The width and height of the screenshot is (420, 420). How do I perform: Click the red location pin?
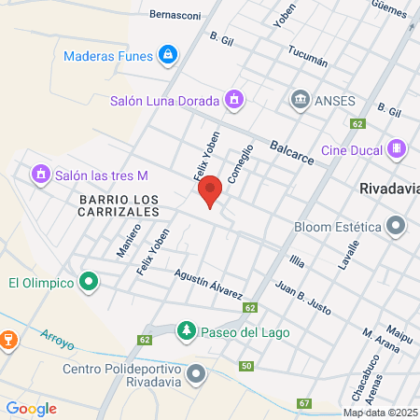click(x=210, y=190)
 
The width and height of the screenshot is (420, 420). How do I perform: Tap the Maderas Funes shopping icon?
click(x=167, y=55)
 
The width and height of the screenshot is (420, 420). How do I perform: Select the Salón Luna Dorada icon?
click(x=234, y=99)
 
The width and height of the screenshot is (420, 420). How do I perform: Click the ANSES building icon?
click(x=300, y=99)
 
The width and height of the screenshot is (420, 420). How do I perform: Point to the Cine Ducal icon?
click(x=398, y=148)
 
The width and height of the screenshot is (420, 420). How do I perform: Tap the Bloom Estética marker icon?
click(x=398, y=226)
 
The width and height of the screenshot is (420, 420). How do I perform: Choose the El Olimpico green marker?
click(x=89, y=281)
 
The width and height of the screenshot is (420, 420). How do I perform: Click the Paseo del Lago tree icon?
click(x=187, y=331)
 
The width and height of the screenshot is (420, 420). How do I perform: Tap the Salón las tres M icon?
click(x=40, y=175)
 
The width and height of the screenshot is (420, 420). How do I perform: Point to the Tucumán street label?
click(x=308, y=56)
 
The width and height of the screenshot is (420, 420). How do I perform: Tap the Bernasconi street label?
click(x=176, y=15)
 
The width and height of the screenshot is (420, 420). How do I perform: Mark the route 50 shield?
click(x=245, y=365)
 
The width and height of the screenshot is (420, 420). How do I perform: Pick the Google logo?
click(x=32, y=408)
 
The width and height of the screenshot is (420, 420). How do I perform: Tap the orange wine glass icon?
click(x=7, y=339)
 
